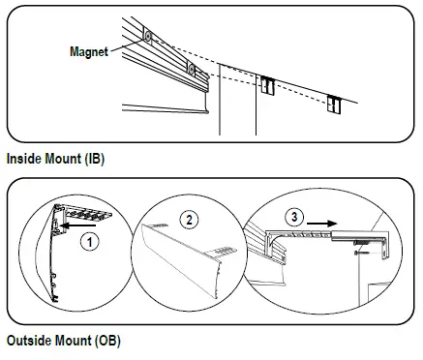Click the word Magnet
(x=89, y=51)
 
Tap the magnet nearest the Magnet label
(x=148, y=37)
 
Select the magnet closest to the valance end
(x=192, y=69)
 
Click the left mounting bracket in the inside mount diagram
(x=267, y=85)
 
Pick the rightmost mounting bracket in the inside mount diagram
(x=334, y=104)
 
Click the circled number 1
(x=90, y=242)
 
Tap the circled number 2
(x=189, y=220)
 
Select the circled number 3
(x=294, y=217)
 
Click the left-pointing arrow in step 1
(x=78, y=225)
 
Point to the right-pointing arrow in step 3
(x=321, y=224)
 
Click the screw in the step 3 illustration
(x=362, y=253)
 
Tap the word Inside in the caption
(x=24, y=159)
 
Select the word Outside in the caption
(x=29, y=341)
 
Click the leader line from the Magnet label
(x=127, y=45)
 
